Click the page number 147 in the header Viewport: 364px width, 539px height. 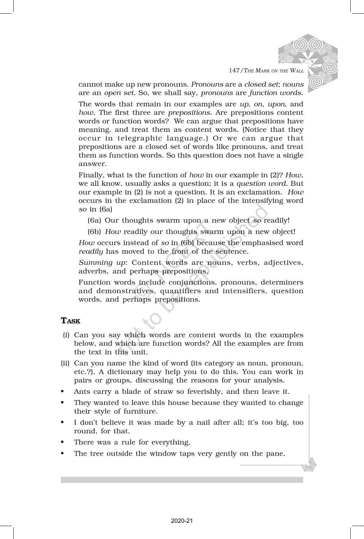[234, 70]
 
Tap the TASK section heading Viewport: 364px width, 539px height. [70, 321]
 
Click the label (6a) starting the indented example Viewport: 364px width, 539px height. [94, 220]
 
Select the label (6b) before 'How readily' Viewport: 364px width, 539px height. [95, 231]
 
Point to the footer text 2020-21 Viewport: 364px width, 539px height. [182, 520]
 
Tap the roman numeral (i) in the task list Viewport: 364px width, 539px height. [66, 335]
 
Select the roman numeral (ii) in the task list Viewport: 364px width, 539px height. [65, 363]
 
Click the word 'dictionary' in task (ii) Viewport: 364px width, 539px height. [116, 372]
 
